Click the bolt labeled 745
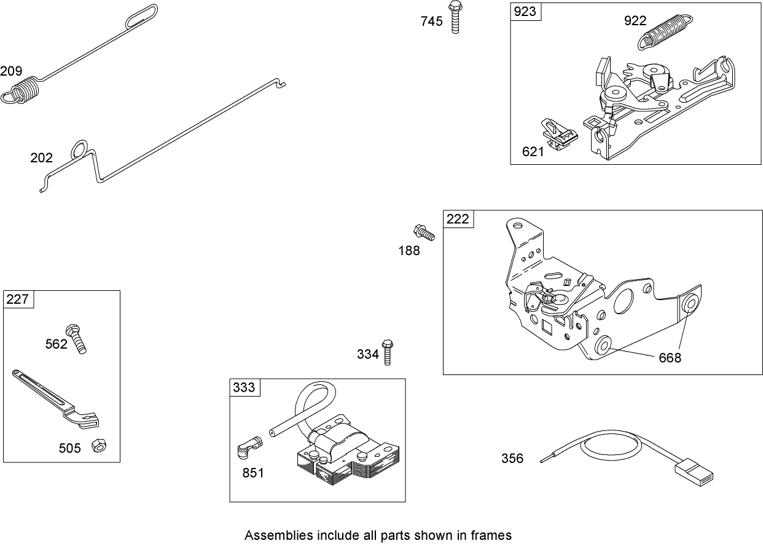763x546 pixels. click(455, 18)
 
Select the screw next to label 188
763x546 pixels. click(423, 232)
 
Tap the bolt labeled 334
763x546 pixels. click(387, 352)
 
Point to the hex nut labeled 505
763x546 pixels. click(97, 445)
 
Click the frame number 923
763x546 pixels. click(526, 12)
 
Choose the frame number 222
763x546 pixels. click(458, 219)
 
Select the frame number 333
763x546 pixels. click(245, 387)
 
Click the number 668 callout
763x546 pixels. click(670, 358)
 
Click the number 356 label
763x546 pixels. click(512, 458)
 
